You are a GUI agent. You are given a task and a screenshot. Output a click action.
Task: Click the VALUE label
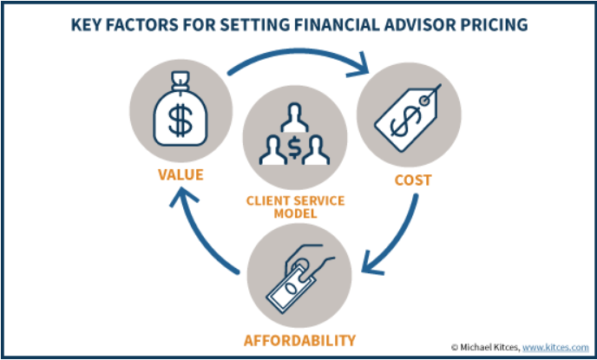click(180, 174)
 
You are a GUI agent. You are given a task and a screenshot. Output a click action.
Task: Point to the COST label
click(413, 180)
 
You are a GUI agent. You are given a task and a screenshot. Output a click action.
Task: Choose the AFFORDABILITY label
click(299, 340)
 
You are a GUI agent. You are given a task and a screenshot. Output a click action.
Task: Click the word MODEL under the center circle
click(295, 213)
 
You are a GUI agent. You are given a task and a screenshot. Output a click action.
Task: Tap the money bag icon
click(180, 109)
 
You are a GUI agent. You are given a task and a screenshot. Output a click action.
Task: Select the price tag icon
click(407, 118)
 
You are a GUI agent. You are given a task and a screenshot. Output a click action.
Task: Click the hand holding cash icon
click(301, 278)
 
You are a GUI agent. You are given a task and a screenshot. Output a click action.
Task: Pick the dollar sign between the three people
click(294, 147)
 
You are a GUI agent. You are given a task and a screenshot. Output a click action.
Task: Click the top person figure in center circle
click(294, 118)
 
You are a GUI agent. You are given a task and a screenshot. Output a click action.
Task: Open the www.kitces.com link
click(555, 347)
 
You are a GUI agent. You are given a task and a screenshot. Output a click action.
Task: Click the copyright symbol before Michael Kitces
click(454, 348)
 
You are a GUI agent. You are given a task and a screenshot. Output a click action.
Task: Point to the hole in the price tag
click(424, 100)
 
